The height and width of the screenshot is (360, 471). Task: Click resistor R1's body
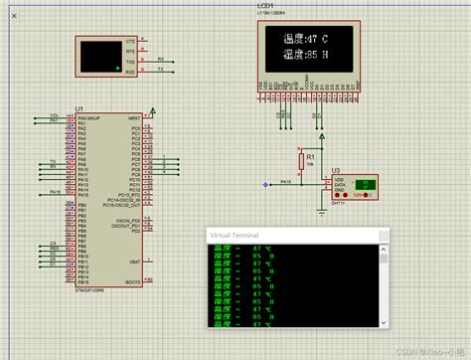tap(302, 162)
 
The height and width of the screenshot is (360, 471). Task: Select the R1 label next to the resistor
tap(311, 156)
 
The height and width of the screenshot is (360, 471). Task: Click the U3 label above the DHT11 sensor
tap(337, 172)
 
